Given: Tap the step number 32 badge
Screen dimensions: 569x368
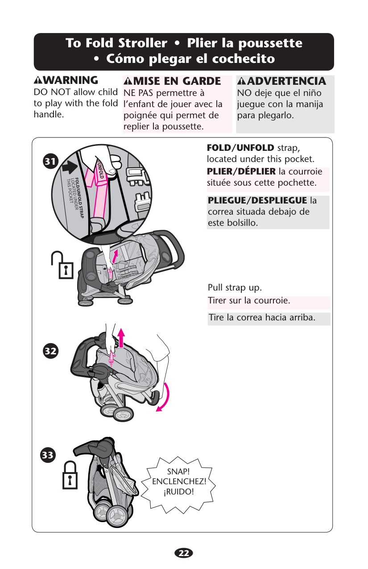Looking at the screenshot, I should pos(50,351).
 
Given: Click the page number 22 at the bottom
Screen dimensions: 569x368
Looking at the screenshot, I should pos(183,553).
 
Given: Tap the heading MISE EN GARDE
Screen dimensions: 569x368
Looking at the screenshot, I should pos(177,81).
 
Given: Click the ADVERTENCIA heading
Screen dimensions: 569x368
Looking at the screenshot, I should pos(287,81).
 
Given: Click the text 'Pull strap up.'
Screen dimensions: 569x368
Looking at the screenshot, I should pos(235,288).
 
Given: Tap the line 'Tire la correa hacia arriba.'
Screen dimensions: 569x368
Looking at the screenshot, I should pos(262,318).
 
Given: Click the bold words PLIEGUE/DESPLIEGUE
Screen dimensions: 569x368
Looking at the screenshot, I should pos(257,200).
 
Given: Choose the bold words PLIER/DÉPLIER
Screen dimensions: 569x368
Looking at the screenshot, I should pos(241,172).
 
